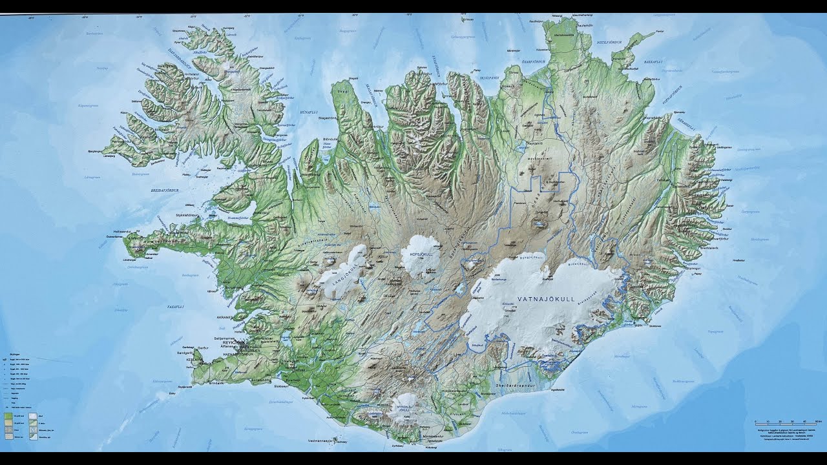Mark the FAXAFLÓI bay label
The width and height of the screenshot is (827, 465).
click(176, 306)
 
